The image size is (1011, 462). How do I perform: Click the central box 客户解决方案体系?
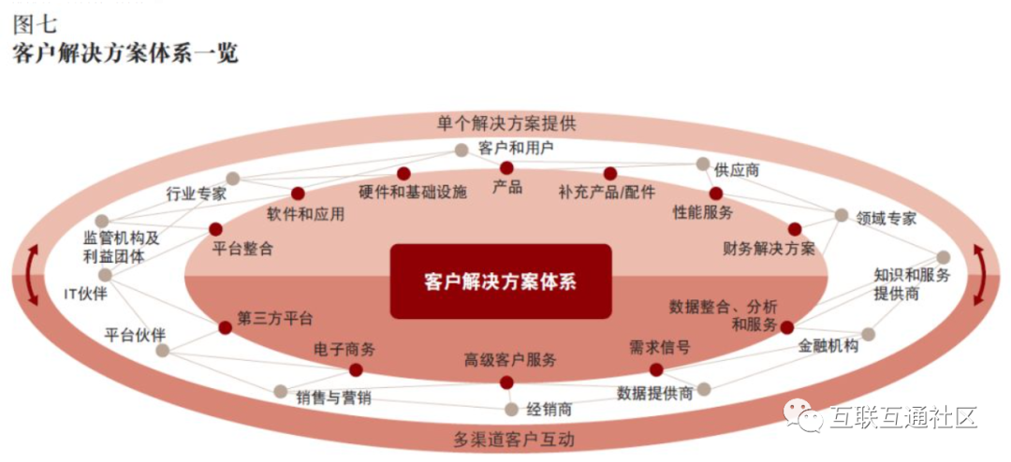[500, 282]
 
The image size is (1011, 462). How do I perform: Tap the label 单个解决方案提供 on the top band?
[506, 123]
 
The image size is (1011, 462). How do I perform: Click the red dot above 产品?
[506, 167]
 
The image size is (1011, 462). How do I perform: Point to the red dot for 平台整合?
[215, 228]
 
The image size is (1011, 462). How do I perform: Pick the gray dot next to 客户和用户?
[461, 150]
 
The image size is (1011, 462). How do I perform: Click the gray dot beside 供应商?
[703, 164]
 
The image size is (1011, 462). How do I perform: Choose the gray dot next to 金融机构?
[868, 334]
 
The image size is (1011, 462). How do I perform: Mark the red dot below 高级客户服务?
[506, 382]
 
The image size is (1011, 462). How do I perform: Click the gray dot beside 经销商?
[511, 409]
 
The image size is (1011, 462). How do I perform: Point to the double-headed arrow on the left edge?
[32, 275]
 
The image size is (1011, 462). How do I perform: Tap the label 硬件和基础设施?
[412, 193]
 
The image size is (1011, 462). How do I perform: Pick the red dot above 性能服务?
[715, 194]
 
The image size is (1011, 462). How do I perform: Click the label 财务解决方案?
[769, 249]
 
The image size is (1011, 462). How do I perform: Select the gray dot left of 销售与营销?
[280, 391]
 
